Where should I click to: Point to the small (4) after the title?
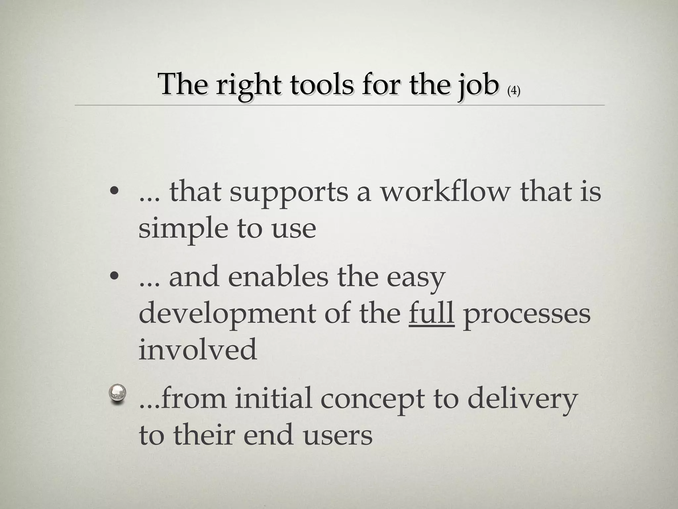pyautogui.click(x=513, y=90)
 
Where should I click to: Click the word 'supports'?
pyautogui.click(x=289, y=194)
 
